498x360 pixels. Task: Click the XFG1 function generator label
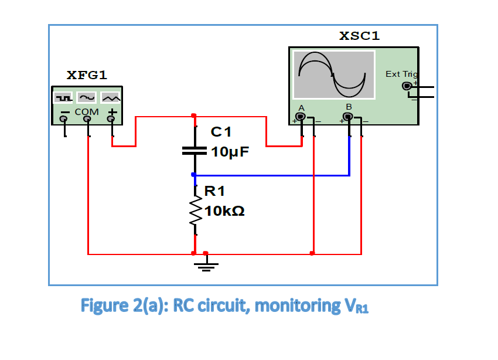click(87, 75)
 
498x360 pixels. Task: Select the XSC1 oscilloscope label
click(360, 36)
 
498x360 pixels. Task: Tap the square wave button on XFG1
click(62, 97)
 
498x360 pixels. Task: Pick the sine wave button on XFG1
click(87, 97)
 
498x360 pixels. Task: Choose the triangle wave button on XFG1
click(111, 97)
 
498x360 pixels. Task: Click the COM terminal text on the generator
click(86, 111)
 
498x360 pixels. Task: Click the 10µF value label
click(230, 152)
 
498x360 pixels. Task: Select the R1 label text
click(214, 191)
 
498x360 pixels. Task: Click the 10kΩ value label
click(225, 211)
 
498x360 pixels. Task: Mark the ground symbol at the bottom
click(205, 267)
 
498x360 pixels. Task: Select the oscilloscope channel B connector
click(349, 117)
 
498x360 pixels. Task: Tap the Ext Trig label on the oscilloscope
click(401, 74)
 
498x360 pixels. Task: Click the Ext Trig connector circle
click(407, 86)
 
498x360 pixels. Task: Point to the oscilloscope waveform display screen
click(334, 74)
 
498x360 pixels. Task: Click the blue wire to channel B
click(275, 175)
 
